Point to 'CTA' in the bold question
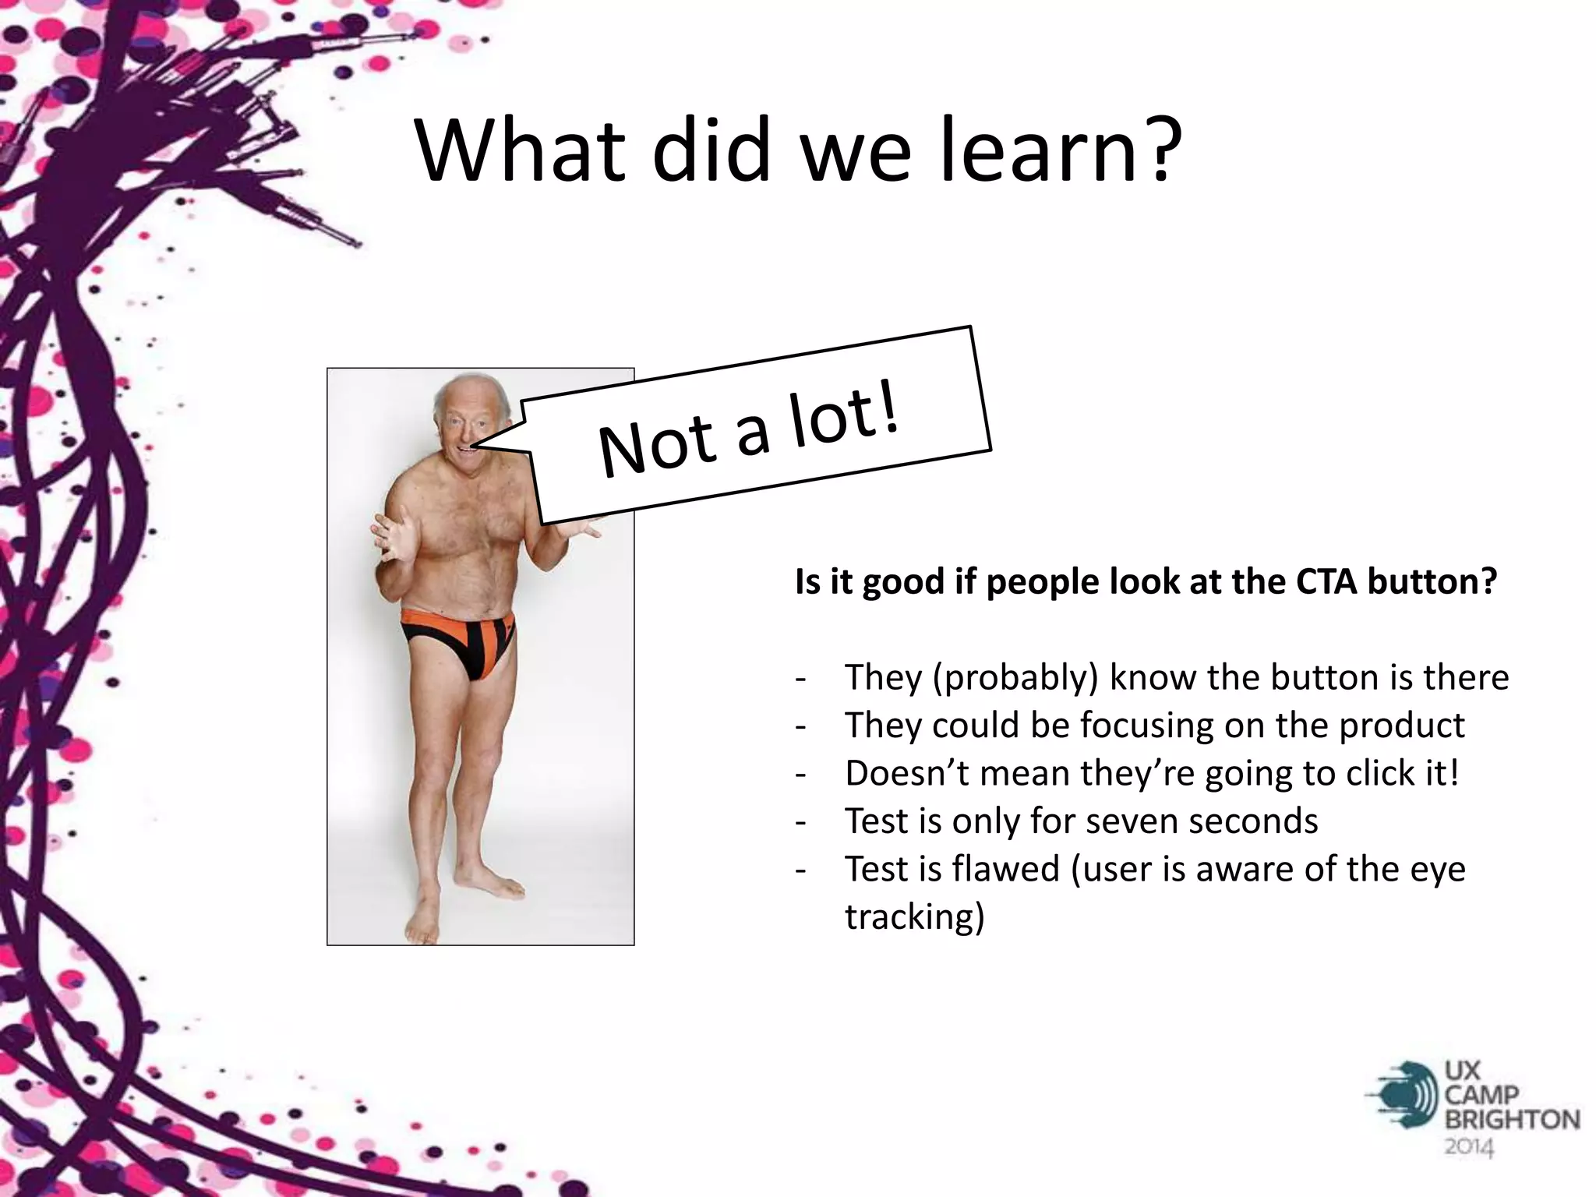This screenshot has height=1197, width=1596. (1326, 581)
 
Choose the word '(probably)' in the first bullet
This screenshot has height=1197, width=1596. (1015, 677)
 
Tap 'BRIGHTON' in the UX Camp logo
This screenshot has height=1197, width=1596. (1512, 1121)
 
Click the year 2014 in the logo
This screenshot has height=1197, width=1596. (1470, 1147)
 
